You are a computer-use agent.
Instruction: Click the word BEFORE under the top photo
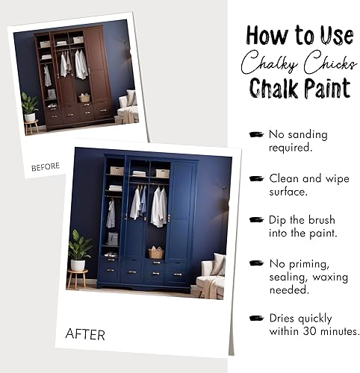45,168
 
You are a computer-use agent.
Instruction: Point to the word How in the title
266,35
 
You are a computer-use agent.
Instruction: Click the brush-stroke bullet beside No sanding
257,134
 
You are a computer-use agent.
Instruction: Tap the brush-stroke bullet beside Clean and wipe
257,178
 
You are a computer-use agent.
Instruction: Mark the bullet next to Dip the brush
257,220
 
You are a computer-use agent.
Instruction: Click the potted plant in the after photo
78,250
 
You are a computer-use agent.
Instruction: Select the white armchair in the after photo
211,276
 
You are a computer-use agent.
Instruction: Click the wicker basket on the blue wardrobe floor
155,253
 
